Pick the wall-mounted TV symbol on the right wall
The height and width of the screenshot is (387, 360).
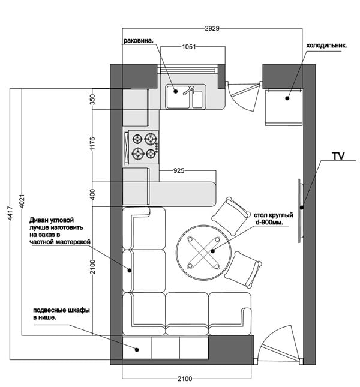pyautogui.click(x=298, y=208)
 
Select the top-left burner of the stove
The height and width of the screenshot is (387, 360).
pyautogui.click(x=137, y=139)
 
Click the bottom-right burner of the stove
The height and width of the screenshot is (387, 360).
pyautogui.click(x=151, y=154)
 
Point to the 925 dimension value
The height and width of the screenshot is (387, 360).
pyautogui.click(x=178, y=171)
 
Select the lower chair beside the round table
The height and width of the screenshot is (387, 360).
pyautogui.click(x=243, y=269)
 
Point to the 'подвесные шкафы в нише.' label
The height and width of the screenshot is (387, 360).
pyautogui.click(x=61, y=314)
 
